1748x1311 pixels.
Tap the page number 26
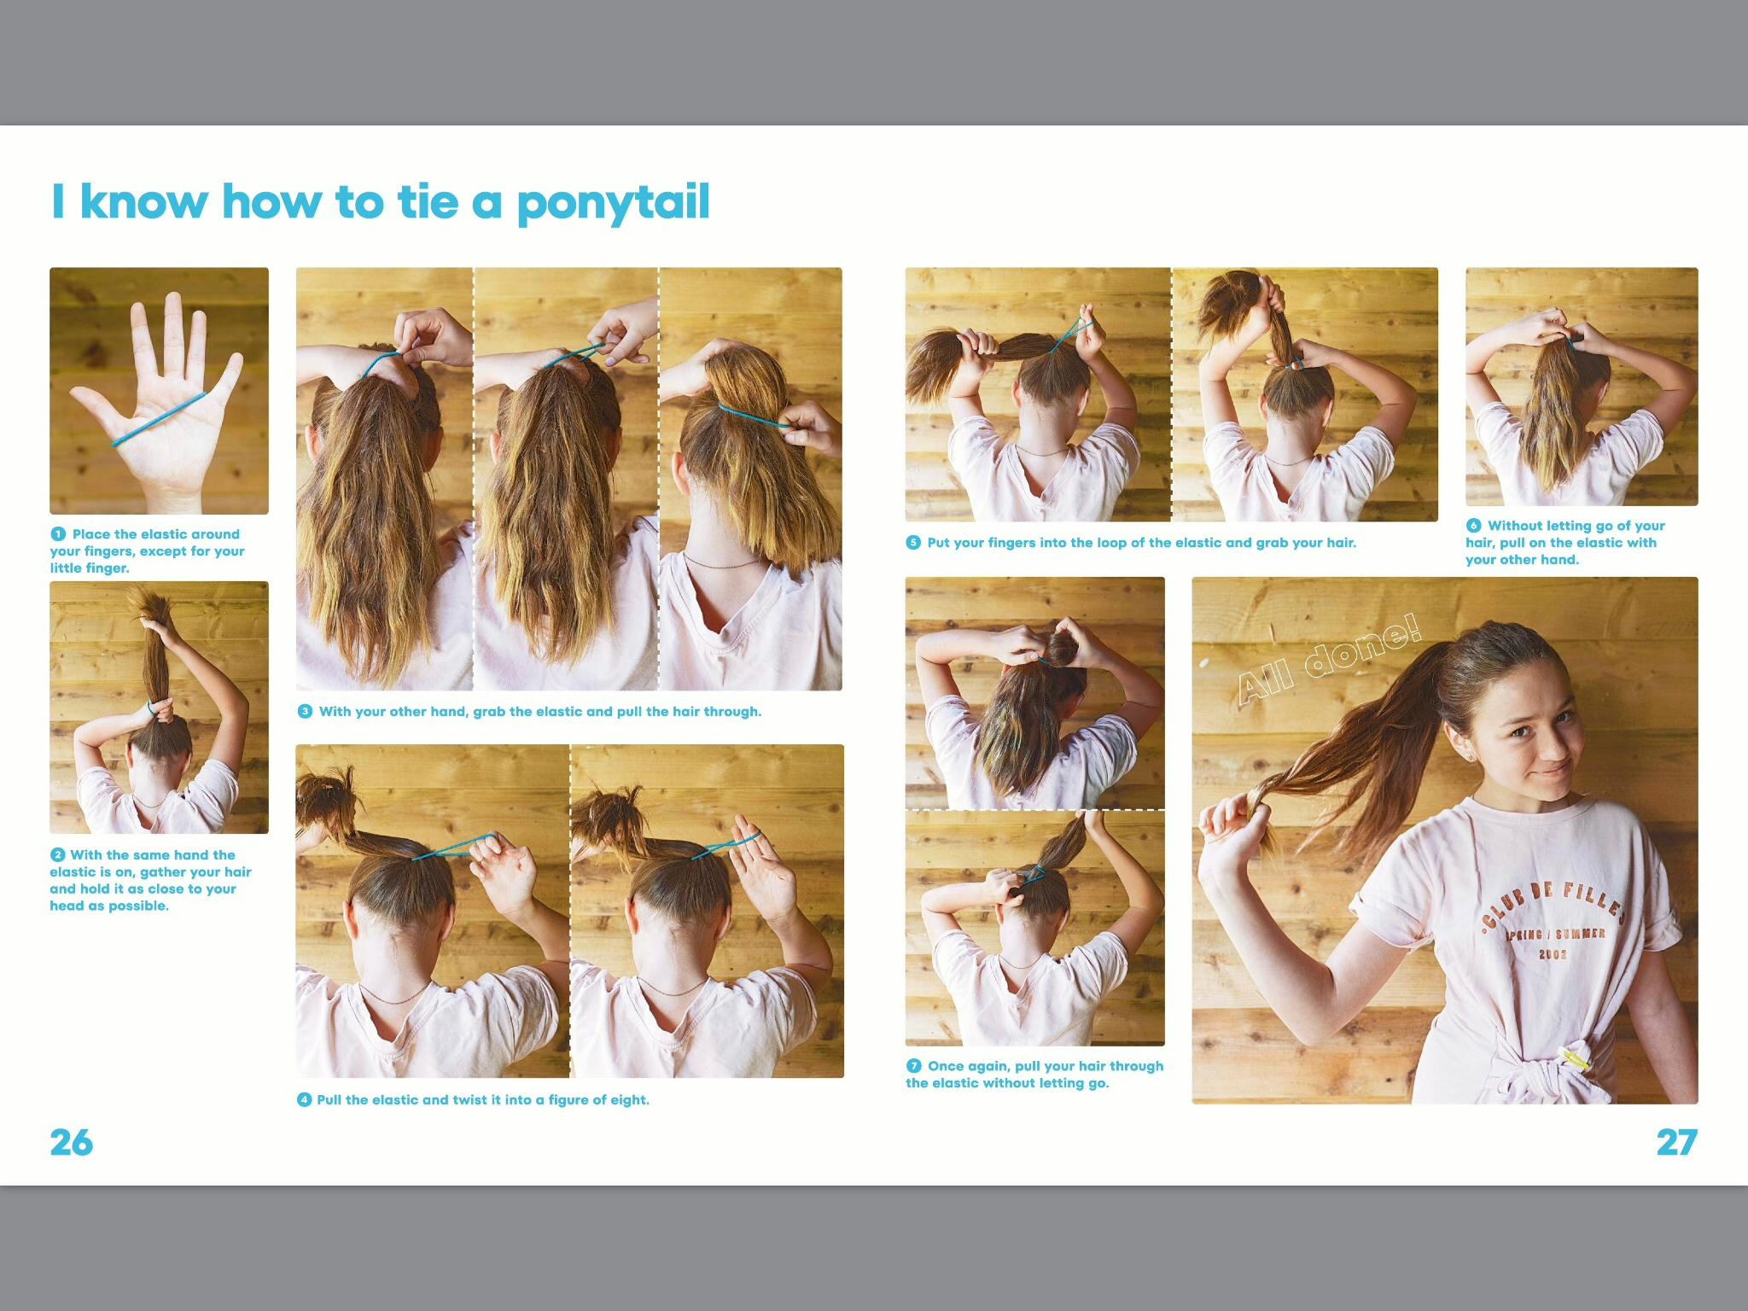(72, 1143)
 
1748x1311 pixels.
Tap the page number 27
(1677, 1143)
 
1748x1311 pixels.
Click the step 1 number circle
(58, 534)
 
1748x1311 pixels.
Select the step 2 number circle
(58, 855)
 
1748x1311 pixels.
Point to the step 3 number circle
(305, 712)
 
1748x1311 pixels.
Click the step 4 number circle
(304, 1100)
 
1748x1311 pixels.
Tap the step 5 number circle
(913, 543)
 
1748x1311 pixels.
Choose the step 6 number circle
(1473, 526)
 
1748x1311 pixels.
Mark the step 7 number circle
(913, 1066)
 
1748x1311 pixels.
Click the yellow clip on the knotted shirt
(1575, 1059)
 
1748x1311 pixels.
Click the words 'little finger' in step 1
(88, 568)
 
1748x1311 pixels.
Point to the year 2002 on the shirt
(1553, 954)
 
